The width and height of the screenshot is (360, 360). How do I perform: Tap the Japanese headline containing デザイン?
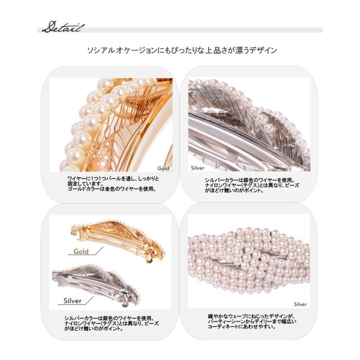pyautogui.click(x=182, y=50)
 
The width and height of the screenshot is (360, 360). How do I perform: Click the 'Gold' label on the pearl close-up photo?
pyautogui.click(x=163, y=168)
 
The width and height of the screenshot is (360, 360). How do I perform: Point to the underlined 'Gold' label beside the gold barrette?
pyautogui.click(x=81, y=252)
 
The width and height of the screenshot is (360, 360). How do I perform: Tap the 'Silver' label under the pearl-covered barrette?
pyautogui.click(x=300, y=304)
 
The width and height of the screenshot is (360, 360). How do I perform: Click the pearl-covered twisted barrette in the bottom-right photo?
pyautogui.click(x=248, y=260)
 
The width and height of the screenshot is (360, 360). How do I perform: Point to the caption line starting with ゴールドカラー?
pyautogui.click(x=112, y=190)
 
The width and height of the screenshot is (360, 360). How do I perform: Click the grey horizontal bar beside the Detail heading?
pyautogui.click(x=204, y=30)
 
